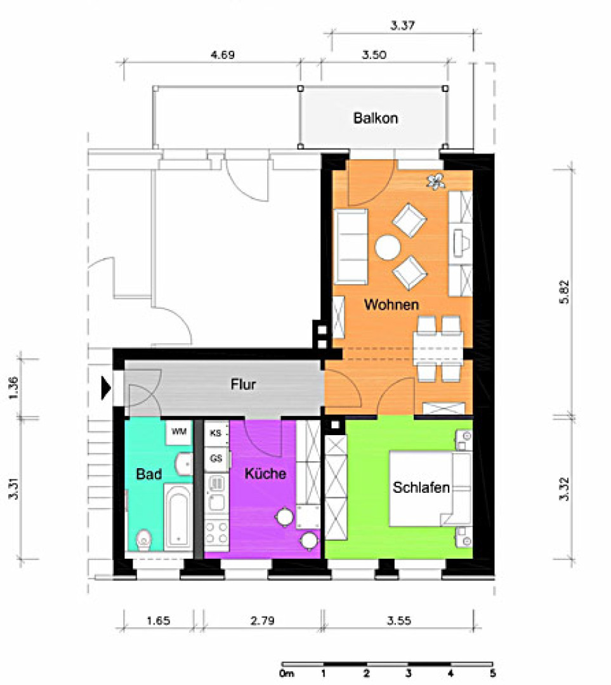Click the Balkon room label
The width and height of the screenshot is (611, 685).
coord(376,118)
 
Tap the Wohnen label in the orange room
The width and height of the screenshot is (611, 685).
coord(391,304)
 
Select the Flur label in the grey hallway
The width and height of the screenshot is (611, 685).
coord(244,384)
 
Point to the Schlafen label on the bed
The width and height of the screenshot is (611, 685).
coord(421,487)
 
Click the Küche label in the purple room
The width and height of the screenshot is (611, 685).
coord(265,473)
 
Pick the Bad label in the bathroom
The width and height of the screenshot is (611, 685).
coord(149,474)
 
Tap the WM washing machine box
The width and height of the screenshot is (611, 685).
coord(179,433)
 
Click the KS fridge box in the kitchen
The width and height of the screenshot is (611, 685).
coord(216,433)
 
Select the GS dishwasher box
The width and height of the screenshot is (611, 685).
coord(216,459)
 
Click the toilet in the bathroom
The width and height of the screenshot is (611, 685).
coord(144,540)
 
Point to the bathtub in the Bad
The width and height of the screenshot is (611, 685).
coord(178,517)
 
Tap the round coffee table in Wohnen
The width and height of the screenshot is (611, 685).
coord(388,248)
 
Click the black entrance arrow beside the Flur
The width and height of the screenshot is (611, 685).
coord(106,388)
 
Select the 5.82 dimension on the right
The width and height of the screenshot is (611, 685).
coord(565,291)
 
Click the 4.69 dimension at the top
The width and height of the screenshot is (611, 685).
coord(223,55)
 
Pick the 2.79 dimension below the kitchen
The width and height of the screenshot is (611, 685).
coord(262,620)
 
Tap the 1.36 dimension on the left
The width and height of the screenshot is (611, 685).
coord(13,388)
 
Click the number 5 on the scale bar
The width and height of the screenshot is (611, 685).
coord(492,673)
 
